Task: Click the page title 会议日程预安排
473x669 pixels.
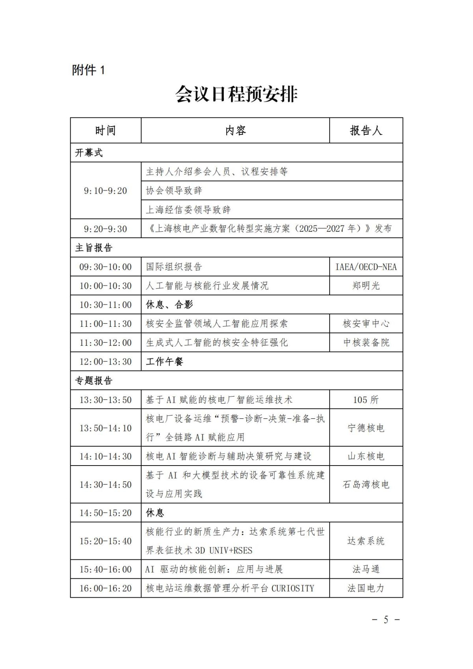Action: click(x=236, y=94)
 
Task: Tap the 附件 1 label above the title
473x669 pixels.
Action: click(x=89, y=70)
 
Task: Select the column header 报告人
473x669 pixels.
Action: click(x=366, y=130)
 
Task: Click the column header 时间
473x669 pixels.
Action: click(x=105, y=130)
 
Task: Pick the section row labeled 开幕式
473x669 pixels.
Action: click(x=89, y=153)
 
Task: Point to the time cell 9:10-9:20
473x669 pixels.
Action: click(x=105, y=191)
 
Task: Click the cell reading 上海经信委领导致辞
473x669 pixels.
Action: click(x=188, y=210)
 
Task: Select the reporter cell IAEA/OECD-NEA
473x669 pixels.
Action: click(x=366, y=267)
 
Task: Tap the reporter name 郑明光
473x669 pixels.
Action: click(x=366, y=286)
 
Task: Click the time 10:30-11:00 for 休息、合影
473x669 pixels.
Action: click(x=105, y=305)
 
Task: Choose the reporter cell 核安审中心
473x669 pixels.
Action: click(x=366, y=324)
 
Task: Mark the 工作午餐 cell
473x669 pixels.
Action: click(x=164, y=362)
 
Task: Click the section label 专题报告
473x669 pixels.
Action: click(x=94, y=380)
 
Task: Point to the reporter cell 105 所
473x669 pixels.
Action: click(x=366, y=400)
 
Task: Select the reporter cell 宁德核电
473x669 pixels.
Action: click(x=366, y=428)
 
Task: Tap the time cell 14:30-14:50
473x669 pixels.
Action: click(x=105, y=485)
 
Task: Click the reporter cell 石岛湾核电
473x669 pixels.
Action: click(x=366, y=485)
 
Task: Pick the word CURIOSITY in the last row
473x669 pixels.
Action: click(x=293, y=588)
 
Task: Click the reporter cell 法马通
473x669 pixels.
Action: click(x=366, y=569)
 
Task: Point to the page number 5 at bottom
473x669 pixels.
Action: click(x=386, y=620)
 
